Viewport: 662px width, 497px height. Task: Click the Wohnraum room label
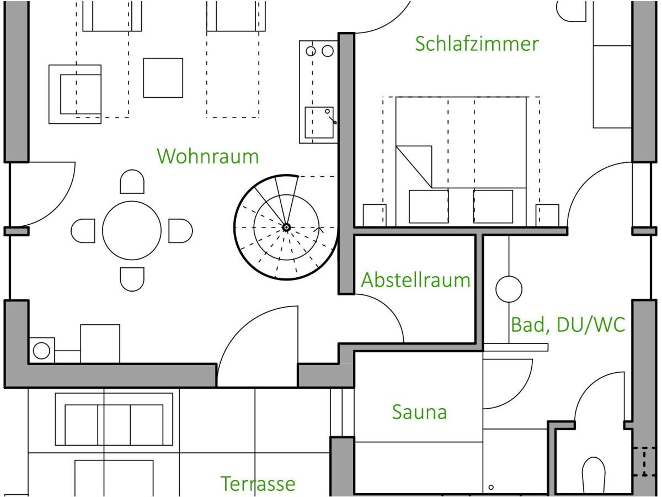(x=208, y=156)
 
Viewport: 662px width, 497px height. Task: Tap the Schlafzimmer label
(x=477, y=44)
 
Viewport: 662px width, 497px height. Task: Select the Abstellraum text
(x=415, y=280)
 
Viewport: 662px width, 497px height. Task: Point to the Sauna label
(x=419, y=412)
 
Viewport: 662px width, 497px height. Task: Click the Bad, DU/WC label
(x=568, y=325)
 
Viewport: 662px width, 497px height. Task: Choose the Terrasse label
(x=258, y=484)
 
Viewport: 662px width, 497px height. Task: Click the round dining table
(x=132, y=231)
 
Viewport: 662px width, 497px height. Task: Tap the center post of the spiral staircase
(x=286, y=227)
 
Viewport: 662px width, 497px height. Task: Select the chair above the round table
(x=132, y=182)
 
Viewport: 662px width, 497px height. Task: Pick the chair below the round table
(x=132, y=279)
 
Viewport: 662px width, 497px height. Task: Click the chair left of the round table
(x=83, y=231)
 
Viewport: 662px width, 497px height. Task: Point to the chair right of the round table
(x=181, y=231)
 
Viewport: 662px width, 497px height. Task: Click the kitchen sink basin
(x=319, y=123)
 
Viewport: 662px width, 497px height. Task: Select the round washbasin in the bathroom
(x=509, y=289)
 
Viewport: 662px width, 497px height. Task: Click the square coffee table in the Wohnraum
(x=163, y=78)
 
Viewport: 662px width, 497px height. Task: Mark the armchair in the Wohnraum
(x=75, y=94)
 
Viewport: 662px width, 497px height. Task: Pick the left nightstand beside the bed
(x=374, y=215)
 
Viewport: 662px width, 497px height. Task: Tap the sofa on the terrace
(x=114, y=419)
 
